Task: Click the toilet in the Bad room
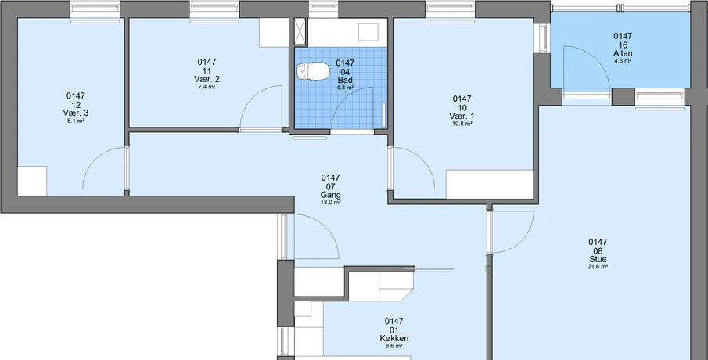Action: pos(314,71)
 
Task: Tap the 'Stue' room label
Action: pos(598,259)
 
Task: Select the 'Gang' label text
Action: pos(330,195)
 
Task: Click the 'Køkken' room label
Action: pos(394,338)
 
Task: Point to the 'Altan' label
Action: pos(623,53)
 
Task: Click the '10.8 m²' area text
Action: pos(462,124)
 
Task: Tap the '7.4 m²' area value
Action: pos(207,87)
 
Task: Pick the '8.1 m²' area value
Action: pos(76,121)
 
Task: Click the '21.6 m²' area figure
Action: pos(598,267)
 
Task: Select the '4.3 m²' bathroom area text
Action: pos(345,88)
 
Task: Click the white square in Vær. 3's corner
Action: pos(32,181)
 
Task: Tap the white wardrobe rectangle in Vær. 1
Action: pos(490,184)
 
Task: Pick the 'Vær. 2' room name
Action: pos(207,80)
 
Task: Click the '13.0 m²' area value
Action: pos(330,203)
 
